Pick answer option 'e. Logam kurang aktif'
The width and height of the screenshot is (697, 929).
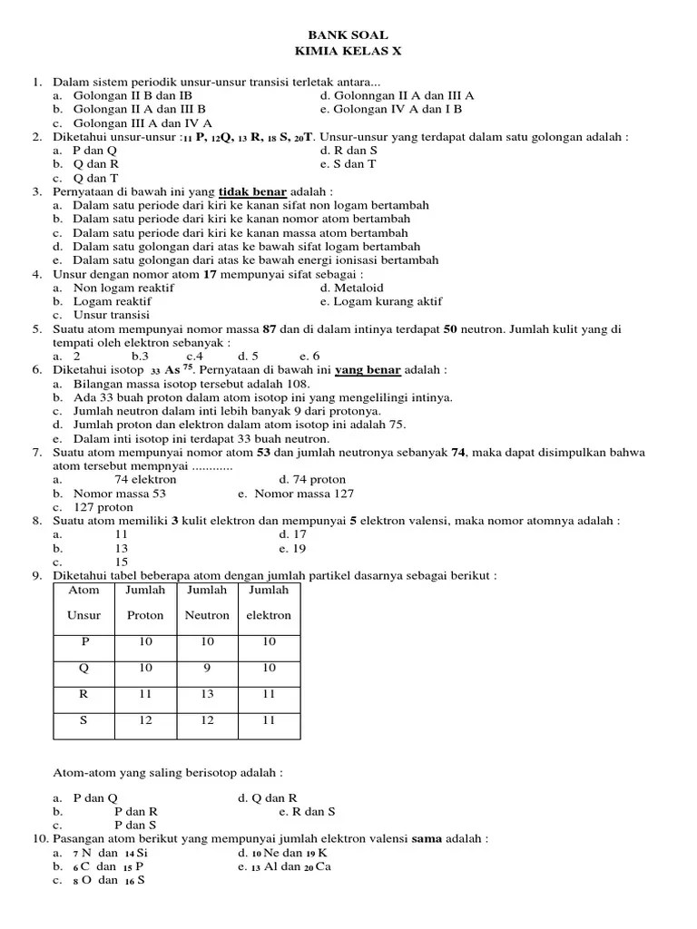[381, 301]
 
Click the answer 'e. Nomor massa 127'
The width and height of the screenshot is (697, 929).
[296, 494]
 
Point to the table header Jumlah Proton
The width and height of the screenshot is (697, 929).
[145, 602]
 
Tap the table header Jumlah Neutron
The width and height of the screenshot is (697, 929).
[207, 602]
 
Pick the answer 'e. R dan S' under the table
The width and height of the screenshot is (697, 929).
[309, 812]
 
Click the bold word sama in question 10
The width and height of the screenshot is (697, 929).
[426, 839]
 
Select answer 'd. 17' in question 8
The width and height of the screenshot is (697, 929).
[294, 535]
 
